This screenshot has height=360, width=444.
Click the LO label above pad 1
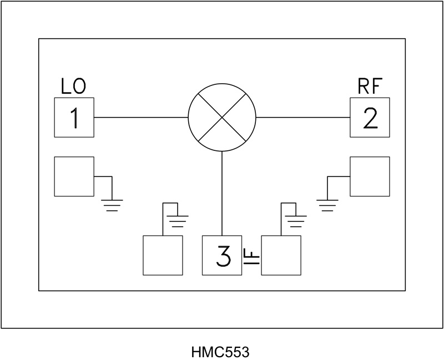[x=73, y=87]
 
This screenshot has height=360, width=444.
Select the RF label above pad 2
[x=370, y=87]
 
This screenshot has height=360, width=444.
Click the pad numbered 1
[x=74, y=118]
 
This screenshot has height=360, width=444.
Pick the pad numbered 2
[x=370, y=118]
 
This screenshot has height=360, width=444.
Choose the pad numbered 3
[x=221, y=255]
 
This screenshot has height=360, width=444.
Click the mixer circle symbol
[x=222, y=118]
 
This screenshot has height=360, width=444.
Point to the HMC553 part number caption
[x=220, y=352]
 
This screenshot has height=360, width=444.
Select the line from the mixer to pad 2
[x=302, y=118]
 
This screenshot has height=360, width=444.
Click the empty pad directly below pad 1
[x=74, y=176]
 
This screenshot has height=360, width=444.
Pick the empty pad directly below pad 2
[x=370, y=176]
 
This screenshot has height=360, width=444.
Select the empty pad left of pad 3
[x=163, y=255]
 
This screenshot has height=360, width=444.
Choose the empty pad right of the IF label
[x=281, y=255]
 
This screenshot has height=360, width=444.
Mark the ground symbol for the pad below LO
[x=112, y=205]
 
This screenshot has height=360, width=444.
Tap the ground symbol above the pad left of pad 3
[x=178, y=220]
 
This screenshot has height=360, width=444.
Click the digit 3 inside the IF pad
[x=223, y=256]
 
